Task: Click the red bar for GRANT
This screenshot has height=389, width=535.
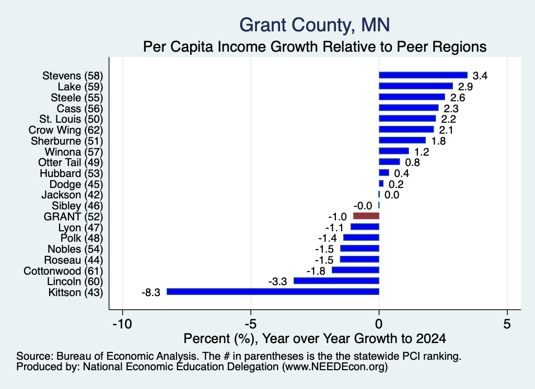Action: (x=366, y=216)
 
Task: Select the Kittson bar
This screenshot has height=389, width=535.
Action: (x=273, y=291)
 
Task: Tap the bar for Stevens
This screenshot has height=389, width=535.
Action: (x=423, y=75)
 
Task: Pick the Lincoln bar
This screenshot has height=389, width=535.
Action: (x=336, y=280)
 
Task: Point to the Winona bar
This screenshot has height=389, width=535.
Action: (x=394, y=151)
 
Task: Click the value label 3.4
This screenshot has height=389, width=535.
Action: (x=480, y=76)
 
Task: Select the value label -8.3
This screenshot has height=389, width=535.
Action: (x=151, y=292)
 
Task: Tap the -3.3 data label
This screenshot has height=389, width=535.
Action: (x=278, y=281)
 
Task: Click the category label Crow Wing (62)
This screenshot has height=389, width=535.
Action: (x=65, y=130)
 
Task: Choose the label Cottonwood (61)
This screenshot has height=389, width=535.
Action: (x=63, y=271)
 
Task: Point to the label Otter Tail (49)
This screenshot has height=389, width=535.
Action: (x=71, y=162)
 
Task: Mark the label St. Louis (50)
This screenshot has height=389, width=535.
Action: (x=71, y=119)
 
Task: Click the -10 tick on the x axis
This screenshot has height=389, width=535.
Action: (x=122, y=324)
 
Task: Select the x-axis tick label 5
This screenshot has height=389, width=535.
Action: (x=507, y=324)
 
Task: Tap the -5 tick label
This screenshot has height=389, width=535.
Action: (x=250, y=324)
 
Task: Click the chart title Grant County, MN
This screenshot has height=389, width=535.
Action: (x=315, y=25)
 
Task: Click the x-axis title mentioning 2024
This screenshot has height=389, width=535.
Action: (x=315, y=338)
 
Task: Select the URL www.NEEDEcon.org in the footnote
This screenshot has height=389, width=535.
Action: (x=334, y=367)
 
